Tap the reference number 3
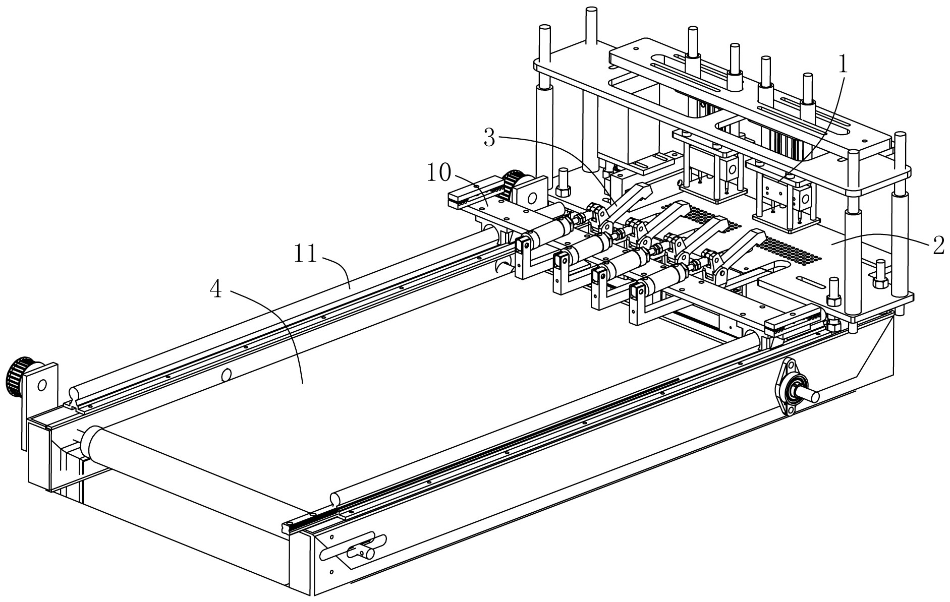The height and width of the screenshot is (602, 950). (x=489, y=137)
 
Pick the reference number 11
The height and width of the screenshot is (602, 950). (x=305, y=254)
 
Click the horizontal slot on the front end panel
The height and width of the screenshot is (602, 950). (x=353, y=551)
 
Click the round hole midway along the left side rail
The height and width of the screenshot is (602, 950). (x=227, y=374)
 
